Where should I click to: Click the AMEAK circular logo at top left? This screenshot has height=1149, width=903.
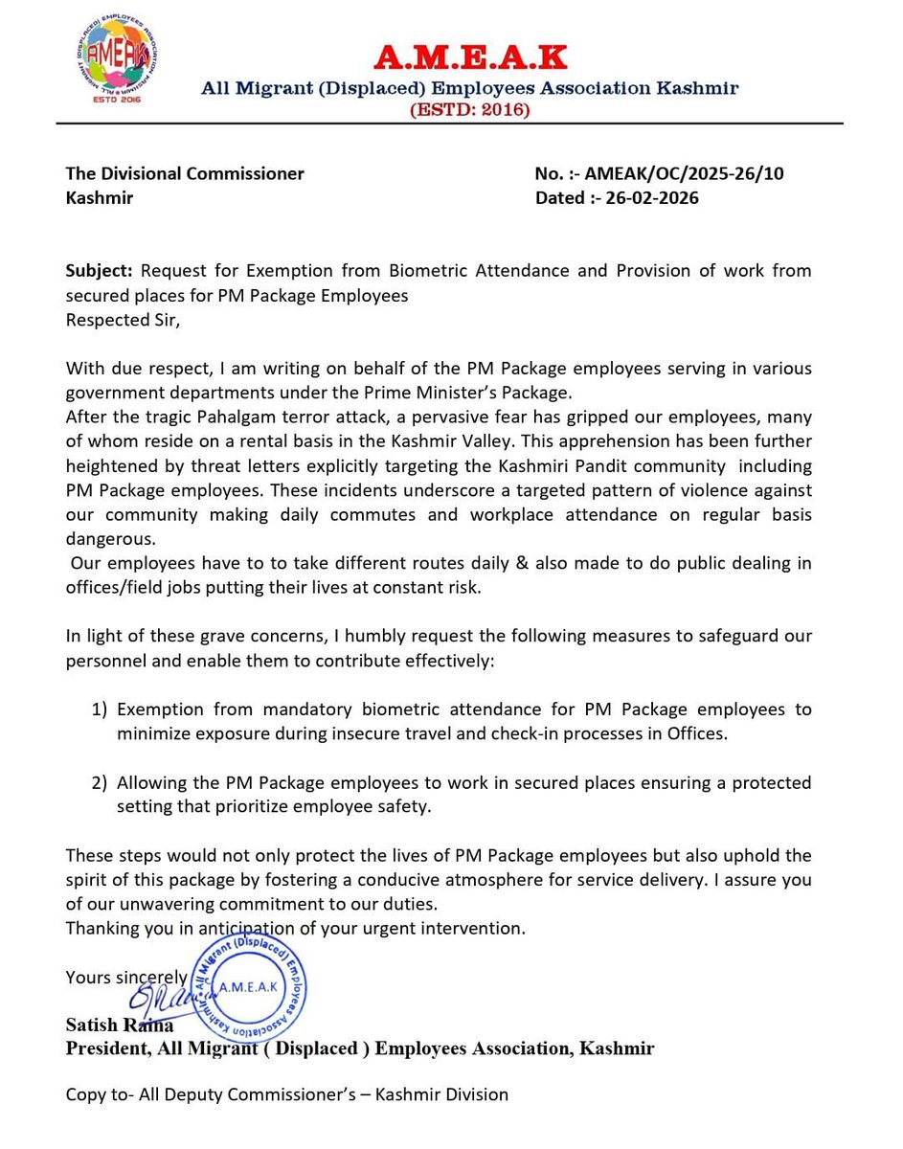click(107, 64)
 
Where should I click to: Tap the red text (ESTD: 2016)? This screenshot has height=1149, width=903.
click(469, 110)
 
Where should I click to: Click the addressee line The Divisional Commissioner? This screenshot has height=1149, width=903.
click(185, 173)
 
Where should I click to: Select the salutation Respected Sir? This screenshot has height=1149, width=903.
click(122, 320)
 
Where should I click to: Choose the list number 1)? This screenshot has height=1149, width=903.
click(101, 710)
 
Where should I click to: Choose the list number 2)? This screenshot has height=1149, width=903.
click(101, 782)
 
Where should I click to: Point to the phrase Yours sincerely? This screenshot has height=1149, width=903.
click(126, 977)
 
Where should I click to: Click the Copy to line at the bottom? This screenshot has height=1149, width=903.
click(286, 1093)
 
